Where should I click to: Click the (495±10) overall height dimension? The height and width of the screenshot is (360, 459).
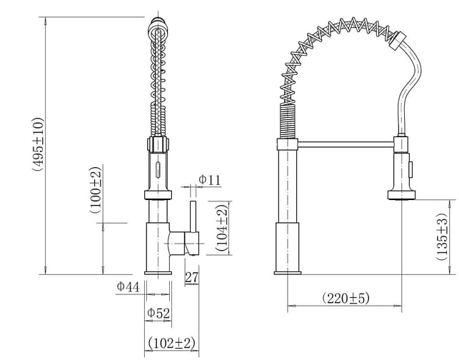[39, 144]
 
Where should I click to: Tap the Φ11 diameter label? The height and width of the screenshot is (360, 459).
[209, 179]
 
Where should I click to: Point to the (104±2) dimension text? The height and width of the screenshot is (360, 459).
[222, 228]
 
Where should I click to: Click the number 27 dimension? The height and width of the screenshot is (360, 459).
[192, 277]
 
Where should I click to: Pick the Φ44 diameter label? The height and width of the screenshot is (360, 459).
[128, 286]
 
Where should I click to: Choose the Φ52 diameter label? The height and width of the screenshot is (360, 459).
[158, 313]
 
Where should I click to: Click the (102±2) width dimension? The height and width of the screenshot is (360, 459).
[171, 343]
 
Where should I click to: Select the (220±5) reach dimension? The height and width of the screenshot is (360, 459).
[345, 298]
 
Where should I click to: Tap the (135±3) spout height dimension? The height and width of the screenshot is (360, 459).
[442, 236]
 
